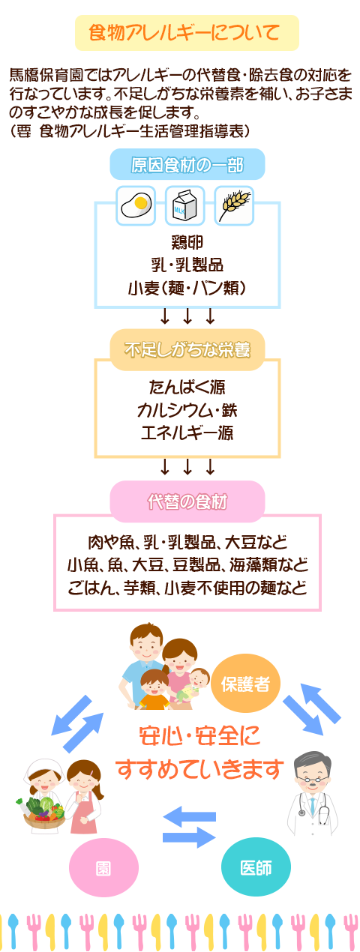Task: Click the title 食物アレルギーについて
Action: coord(184,33)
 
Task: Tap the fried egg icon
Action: coord(136,205)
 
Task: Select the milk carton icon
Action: coord(185,205)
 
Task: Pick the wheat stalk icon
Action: coord(234,205)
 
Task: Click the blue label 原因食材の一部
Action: coord(187,164)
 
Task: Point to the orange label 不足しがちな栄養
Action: coord(187,349)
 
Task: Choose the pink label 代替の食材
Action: coord(187,501)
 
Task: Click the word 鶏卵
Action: coord(187,242)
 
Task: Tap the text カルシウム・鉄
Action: coord(187,410)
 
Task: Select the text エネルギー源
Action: coord(187,433)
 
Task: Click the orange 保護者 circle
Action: coord(245,684)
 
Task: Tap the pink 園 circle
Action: coord(103,868)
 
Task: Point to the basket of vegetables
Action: coord(43,810)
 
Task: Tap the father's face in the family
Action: coord(147,646)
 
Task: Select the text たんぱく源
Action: coord(187,388)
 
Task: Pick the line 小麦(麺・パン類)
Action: coord(187,288)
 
